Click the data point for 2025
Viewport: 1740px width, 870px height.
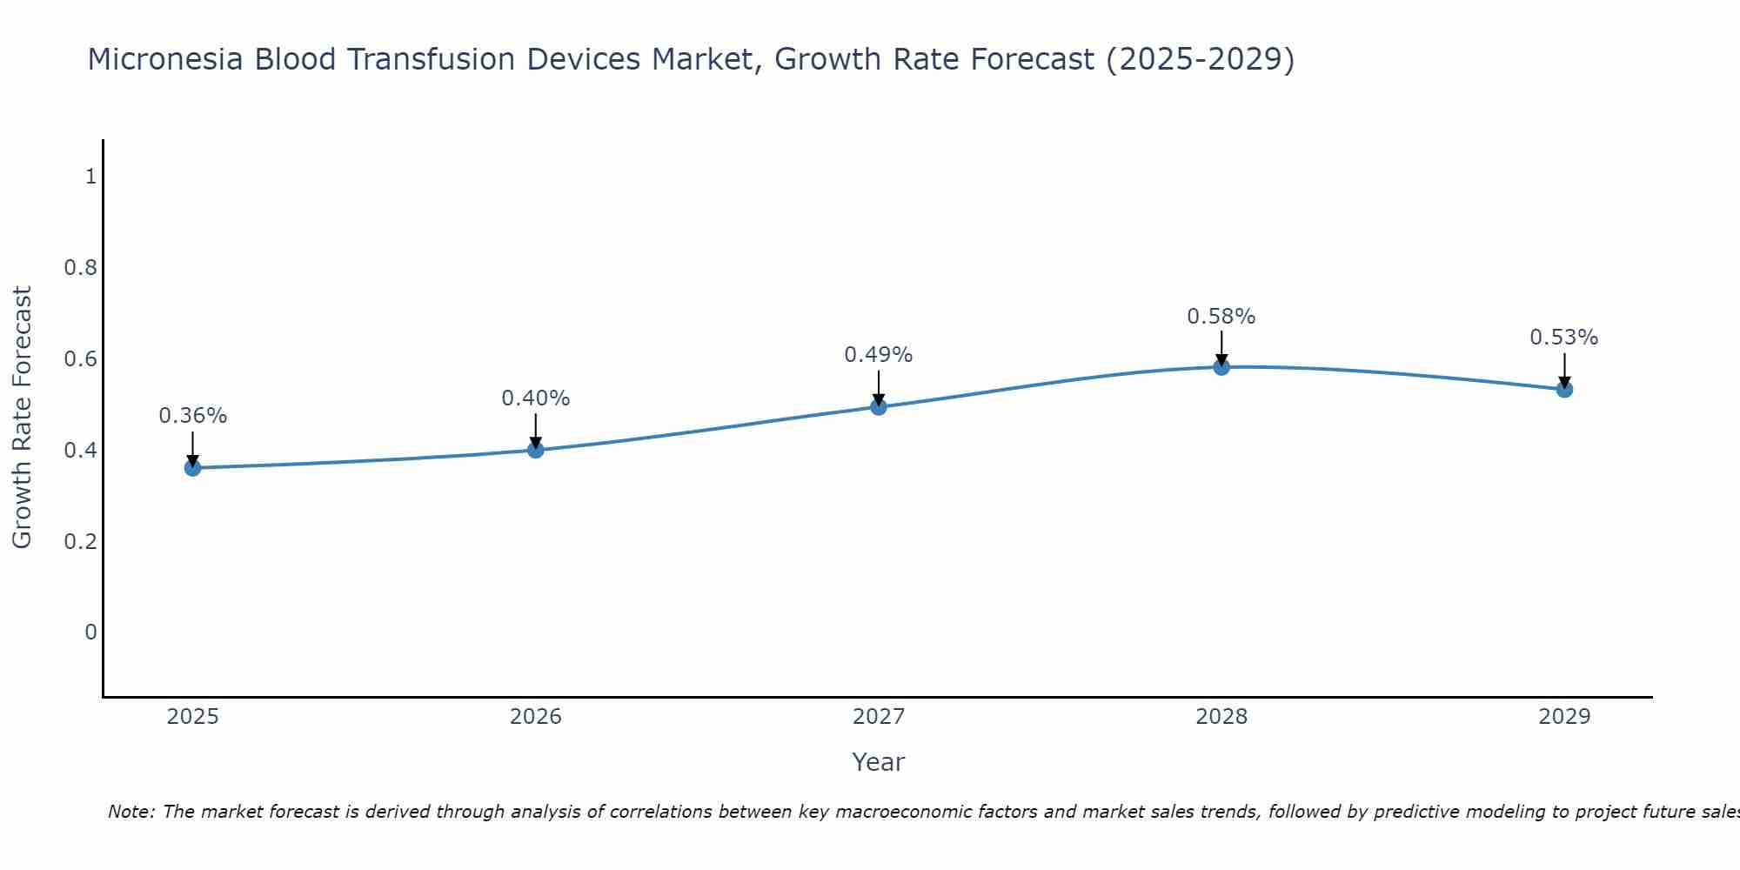[192, 468]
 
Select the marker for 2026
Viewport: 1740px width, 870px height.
[536, 450]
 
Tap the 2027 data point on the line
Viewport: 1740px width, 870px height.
[879, 406]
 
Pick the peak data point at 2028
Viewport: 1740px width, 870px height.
[1221, 367]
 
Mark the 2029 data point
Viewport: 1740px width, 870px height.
[1564, 389]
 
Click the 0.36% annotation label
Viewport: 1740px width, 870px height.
[192, 416]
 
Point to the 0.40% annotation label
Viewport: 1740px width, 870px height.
[536, 398]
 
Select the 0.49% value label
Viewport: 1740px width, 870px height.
[879, 355]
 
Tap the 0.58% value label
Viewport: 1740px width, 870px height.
[1221, 317]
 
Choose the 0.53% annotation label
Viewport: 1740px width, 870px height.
[1564, 338]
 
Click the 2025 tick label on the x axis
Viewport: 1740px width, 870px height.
[192, 717]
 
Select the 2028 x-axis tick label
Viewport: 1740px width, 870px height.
[1221, 717]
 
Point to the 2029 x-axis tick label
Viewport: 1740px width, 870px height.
[1564, 717]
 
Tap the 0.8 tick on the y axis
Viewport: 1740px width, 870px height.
[80, 268]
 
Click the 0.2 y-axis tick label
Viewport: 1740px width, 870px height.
[80, 541]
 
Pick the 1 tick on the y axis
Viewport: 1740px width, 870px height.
[90, 177]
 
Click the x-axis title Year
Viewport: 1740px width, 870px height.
[879, 762]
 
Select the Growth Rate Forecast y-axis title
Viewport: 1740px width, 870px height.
[22, 418]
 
